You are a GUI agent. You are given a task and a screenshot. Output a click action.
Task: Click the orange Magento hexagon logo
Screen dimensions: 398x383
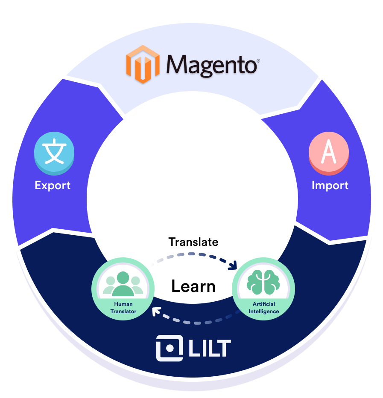coord(143,63)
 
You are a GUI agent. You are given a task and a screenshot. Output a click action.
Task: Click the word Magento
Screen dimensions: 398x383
coord(211,65)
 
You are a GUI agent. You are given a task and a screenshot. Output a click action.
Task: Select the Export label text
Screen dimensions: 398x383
coord(53,185)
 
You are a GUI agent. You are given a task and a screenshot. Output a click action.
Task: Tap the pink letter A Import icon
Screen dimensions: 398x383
coord(329,153)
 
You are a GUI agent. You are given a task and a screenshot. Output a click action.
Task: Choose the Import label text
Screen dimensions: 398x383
coord(330,185)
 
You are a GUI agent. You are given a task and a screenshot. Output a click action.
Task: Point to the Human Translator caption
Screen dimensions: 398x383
coord(123,308)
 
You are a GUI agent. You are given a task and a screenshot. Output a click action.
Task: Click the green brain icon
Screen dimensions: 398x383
coord(263,282)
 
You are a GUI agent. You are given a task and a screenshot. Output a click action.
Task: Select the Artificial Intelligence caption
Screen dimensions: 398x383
coord(263,308)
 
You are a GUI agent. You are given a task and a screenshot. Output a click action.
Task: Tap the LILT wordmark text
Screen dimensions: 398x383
coord(209,349)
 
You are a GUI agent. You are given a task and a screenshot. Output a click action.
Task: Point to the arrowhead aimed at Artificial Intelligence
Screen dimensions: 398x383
coord(233,266)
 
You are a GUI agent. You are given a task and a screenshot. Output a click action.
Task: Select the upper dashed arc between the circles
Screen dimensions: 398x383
coord(192,255)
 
